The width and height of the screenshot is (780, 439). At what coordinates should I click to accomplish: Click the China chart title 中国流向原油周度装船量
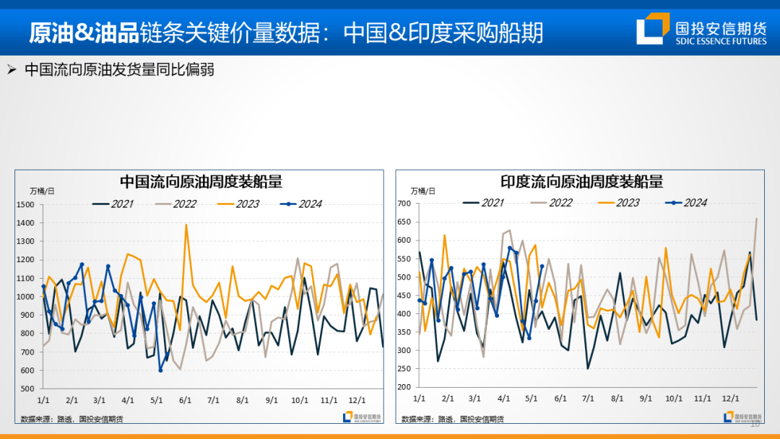pyautogui.click(x=201, y=181)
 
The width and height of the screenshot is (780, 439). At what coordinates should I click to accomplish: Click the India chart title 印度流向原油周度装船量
pyautogui.click(x=581, y=181)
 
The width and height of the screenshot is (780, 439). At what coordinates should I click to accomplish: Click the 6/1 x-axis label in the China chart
pyautogui.click(x=184, y=399)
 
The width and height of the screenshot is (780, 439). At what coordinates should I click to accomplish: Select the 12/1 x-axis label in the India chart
pyautogui.click(x=731, y=398)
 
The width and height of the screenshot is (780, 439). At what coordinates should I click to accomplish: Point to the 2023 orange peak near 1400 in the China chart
pyautogui.click(x=186, y=225)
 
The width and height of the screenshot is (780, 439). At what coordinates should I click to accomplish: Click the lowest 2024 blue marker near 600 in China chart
pyautogui.click(x=160, y=370)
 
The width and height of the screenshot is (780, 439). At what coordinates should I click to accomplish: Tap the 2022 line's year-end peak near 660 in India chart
pyautogui.click(x=756, y=219)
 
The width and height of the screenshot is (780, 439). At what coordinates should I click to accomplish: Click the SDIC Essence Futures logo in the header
pyautogui.click(x=701, y=28)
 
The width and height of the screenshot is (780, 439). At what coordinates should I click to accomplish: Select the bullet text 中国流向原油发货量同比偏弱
pyautogui.click(x=119, y=70)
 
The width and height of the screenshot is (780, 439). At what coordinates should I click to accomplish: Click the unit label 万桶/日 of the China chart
pyautogui.click(x=42, y=191)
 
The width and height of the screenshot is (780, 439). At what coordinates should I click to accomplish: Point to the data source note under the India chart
pyautogui.click(x=453, y=419)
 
